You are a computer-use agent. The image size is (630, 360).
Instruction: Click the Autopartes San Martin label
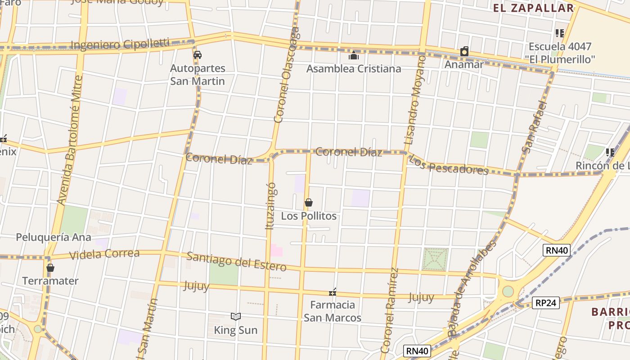tap(198, 75)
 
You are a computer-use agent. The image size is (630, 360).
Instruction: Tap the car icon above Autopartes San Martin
tap(197, 55)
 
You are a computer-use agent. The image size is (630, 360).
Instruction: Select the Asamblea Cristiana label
tap(354, 69)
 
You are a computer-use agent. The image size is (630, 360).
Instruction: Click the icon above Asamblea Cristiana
tap(354, 55)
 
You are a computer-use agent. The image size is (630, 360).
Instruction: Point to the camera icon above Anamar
tap(464, 52)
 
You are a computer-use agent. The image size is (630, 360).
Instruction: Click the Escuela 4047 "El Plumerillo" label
tap(560, 53)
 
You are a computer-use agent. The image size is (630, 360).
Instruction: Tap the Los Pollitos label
tap(309, 216)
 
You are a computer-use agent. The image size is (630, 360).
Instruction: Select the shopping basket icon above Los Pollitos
tap(309, 202)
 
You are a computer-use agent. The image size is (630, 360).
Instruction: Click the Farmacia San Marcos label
tap(333, 311)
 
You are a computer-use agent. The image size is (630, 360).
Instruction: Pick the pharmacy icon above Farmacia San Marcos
tap(333, 293)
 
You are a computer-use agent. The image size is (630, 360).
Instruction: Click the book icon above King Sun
tap(236, 317)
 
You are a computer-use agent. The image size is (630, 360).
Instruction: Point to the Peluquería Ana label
tap(54, 237)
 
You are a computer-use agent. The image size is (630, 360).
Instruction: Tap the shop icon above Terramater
tap(50, 268)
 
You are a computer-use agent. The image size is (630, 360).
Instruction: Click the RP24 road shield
tap(546, 303)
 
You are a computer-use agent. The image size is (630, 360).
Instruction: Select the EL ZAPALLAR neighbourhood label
tap(534, 8)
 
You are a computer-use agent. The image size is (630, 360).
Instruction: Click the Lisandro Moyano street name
tap(415, 100)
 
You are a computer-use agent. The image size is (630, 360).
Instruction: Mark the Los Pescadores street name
tap(449, 166)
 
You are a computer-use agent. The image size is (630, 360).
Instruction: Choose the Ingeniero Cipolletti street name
tap(120, 44)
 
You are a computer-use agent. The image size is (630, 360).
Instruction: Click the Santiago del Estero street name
tap(236, 261)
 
